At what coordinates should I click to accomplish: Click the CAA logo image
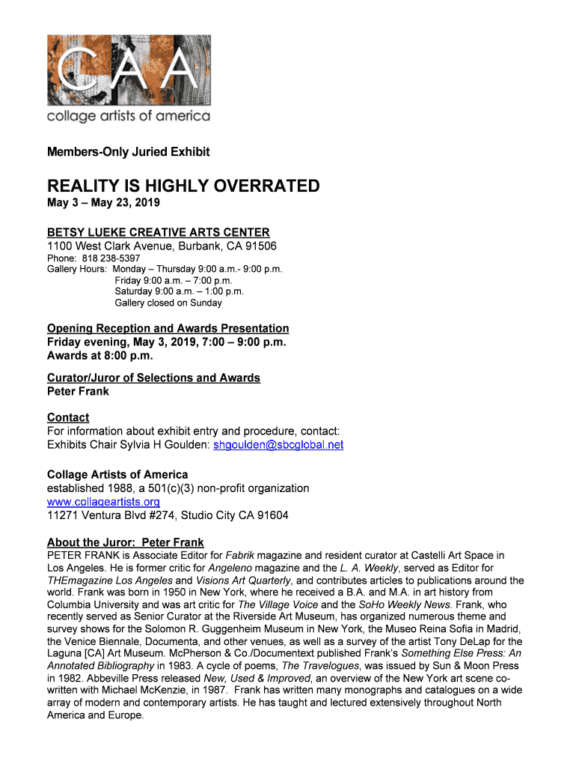[129, 69]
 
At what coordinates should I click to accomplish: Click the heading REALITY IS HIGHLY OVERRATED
[183, 186]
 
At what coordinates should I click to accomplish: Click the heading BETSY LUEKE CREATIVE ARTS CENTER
[158, 232]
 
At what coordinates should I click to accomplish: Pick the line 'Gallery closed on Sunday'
[168, 303]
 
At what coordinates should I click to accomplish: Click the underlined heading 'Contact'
[68, 417]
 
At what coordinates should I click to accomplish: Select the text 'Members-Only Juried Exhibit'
[128, 152]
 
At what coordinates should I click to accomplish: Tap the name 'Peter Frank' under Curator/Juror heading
[78, 391]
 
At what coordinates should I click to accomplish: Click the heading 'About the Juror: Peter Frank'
[125, 542]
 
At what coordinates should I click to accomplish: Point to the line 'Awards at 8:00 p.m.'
[99, 356]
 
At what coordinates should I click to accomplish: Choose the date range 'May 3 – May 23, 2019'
[103, 202]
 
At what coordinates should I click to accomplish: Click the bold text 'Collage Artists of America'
[117, 474]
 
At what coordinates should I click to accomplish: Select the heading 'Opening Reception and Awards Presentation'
[168, 328]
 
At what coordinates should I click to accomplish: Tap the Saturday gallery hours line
[179, 291]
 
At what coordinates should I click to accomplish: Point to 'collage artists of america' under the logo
[129, 116]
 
